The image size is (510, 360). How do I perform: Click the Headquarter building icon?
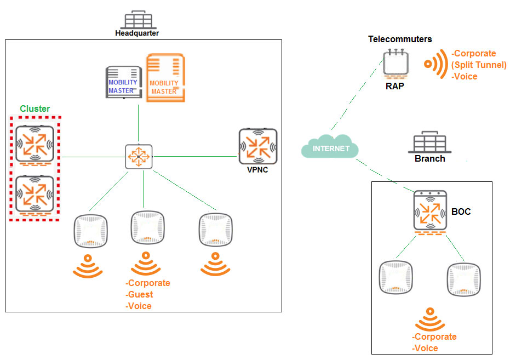pos(138,20)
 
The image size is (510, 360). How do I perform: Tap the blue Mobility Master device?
pos(124,82)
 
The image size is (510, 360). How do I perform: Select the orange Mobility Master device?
pos(165,78)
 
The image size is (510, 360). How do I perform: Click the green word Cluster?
pos(35,108)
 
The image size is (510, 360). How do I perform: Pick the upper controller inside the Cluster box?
pos(35,145)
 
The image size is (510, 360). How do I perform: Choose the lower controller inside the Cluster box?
pos(35,195)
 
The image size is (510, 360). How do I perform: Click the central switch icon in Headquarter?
pos(139,157)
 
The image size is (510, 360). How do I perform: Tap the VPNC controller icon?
pos(258,147)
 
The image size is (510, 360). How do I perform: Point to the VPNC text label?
pos(257,170)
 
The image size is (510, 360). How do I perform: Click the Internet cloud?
pos(330,147)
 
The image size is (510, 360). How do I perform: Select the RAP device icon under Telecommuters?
pos(396,64)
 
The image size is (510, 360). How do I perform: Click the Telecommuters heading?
pos(400,39)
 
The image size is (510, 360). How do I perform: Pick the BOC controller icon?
pos(430,212)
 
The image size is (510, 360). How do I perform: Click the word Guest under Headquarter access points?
pos(140,294)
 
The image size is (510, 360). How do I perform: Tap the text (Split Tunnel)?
pos(479,65)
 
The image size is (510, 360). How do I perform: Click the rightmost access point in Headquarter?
pos(215,230)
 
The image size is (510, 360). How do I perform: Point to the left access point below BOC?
pos(396,277)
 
